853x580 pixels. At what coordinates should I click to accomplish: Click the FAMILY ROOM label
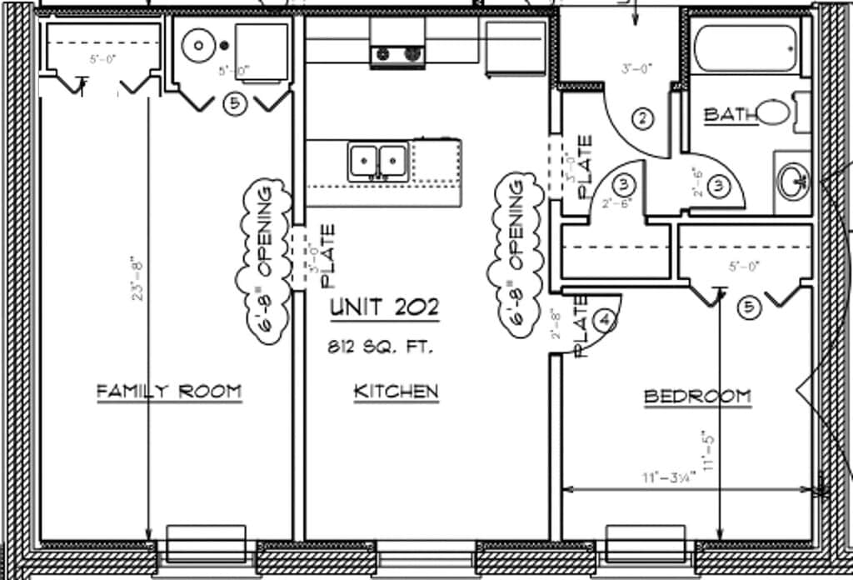click(169, 390)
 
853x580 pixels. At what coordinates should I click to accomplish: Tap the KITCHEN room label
click(396, 391)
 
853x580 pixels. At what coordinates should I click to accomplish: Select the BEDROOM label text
click(697, 397)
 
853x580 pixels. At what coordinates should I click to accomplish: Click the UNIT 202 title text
click(384, 307)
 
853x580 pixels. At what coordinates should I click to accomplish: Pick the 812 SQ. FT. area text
click(380, 347)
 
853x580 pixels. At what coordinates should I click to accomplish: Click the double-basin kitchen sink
click(378, 160)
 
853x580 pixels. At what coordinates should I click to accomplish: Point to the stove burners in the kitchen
click(397, 54)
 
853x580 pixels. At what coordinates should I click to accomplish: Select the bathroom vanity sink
click(793, 178)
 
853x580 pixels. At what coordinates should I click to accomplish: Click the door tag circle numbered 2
click(641, 118)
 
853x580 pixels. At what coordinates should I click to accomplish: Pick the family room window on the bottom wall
click(206, 543)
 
